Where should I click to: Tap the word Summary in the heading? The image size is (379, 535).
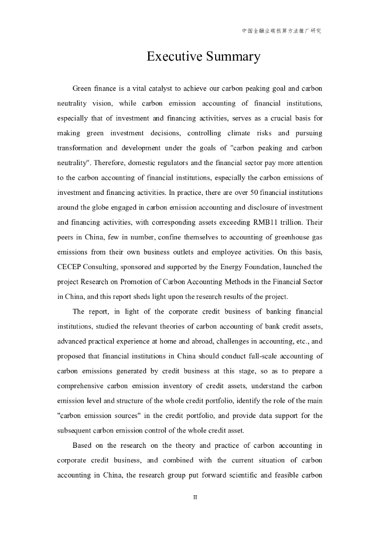pyautogui.click(x=233, y=57)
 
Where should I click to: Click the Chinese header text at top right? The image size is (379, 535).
pyautogui.click(x=281, y=31)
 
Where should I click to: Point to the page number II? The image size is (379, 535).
pyautogui.click(x=195, y=497)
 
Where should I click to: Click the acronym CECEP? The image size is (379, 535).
pyautogui.click(x=71, y=267)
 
